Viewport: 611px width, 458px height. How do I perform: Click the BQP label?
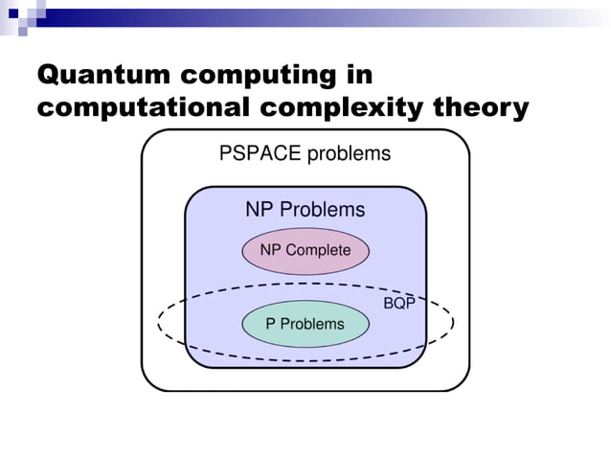399,304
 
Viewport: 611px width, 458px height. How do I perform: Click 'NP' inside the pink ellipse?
271,250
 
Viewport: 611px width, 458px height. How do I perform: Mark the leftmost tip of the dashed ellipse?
158,323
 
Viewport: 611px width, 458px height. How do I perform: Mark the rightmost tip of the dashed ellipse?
453,323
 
